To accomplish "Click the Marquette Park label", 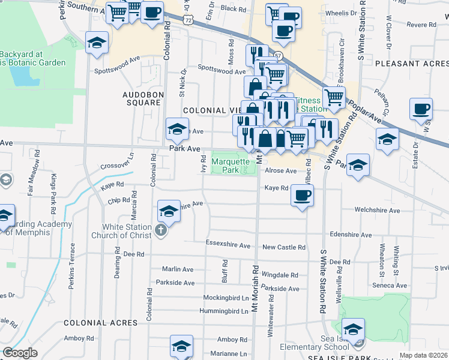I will pos(226,166).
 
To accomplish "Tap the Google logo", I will pos(20,353).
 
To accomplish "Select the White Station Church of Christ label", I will pos(126,231).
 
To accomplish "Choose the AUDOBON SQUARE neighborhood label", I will pos(142,98).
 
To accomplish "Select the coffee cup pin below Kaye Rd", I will pos(302,195).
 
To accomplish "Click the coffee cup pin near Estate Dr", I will pos(421,110).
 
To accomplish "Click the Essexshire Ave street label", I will pos(228,245).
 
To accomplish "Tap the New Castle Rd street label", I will pos(284,247).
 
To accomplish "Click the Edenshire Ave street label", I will pos(351,235).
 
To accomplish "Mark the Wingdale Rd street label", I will pos(280,275).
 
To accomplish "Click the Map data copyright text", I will pos(423,355).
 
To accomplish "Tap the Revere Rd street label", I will pos(421,25).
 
